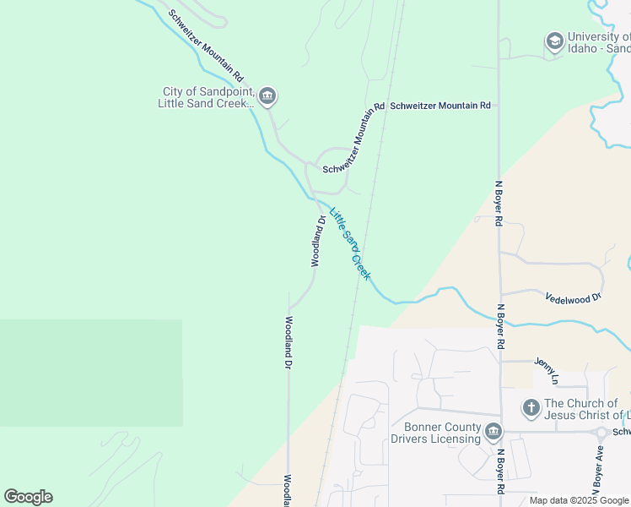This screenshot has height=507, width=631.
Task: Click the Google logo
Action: click(28, 497)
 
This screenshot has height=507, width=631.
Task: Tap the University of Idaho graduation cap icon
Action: click(554, 41)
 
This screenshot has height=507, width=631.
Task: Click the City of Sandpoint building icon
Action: click(267, 97)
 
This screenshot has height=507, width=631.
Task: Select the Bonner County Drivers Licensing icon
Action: click(494, 433)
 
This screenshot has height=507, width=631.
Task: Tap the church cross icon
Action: click(531, 409)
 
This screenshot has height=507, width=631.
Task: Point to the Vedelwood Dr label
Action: click(573, 298)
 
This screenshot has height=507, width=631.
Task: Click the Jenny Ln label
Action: click(547, 368)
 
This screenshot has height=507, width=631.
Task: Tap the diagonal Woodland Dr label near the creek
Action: click(318, 241)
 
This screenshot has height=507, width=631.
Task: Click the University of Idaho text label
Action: click(598, 42)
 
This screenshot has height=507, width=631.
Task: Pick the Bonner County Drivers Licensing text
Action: click(435, 433)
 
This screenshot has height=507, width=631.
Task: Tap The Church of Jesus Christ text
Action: click(587, 409)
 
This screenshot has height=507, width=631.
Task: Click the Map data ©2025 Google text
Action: click(578, 500)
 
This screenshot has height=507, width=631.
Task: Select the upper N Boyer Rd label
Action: click(499, 203)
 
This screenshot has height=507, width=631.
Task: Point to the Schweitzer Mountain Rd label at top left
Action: click(206, 40)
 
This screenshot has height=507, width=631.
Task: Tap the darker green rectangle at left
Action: click(90, 373)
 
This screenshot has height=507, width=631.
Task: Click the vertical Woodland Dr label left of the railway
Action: click(288, 342)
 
